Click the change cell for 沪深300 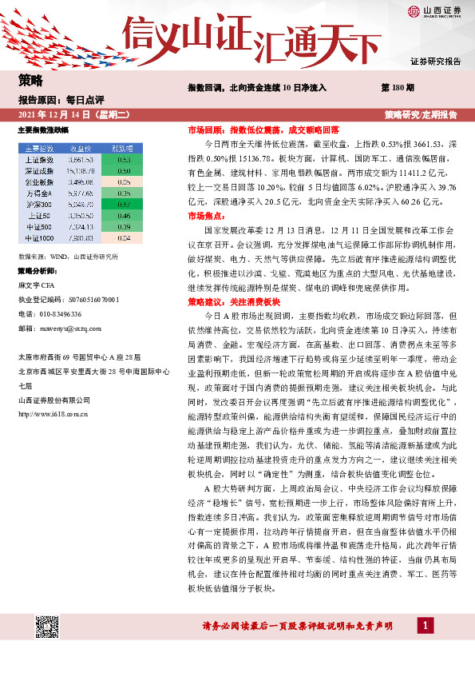pyautogui.click(x=123, y=204)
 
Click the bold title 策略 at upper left pyautogui.click(x=30, y=80)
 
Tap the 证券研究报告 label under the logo pyautogui.click(x=435, y=62)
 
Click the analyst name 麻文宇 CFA pyautogui.click(x=40, y=284)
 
